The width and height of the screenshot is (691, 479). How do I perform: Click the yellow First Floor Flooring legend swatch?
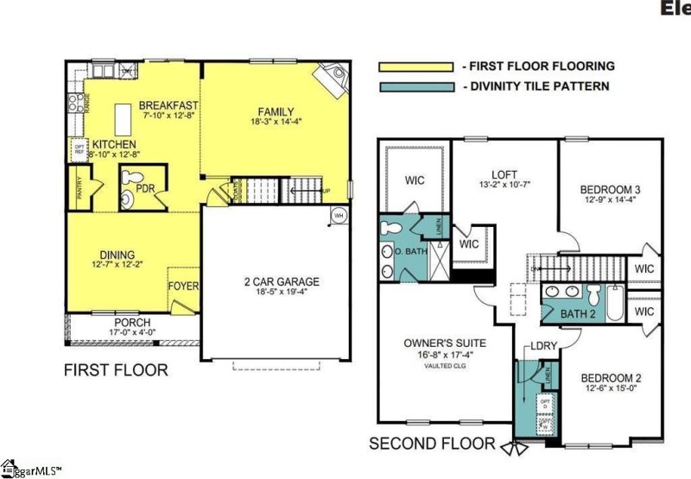(x=415, y=66)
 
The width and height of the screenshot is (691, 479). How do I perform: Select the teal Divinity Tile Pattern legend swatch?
(x=415, y=85)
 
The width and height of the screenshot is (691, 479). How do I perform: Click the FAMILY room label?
(x=276, y=112)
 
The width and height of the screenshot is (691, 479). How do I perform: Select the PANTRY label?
(x=79, y=187)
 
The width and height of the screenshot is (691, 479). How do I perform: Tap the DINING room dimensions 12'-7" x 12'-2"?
(x=117, y=265)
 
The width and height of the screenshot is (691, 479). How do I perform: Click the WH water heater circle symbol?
(x=339, y=215)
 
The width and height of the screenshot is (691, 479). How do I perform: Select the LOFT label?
(x=504, y=172)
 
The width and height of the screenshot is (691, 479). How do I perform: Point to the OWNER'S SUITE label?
(x=444, y=343)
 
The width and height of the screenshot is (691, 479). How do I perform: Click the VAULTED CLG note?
(x=444, y=365)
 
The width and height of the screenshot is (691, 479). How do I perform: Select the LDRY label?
(x=542, y=345)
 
